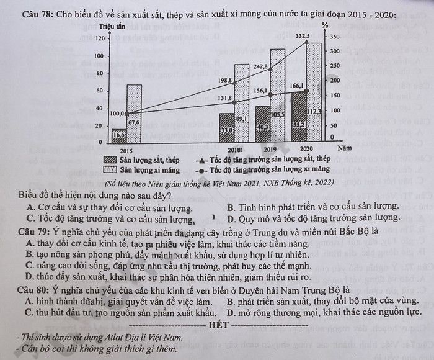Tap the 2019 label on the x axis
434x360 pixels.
[x=269, y=150]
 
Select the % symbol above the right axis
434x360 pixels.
[x=325, y=26]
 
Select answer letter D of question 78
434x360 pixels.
[x=231, y=218]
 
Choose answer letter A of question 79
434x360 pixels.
[x=30, y=242]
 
